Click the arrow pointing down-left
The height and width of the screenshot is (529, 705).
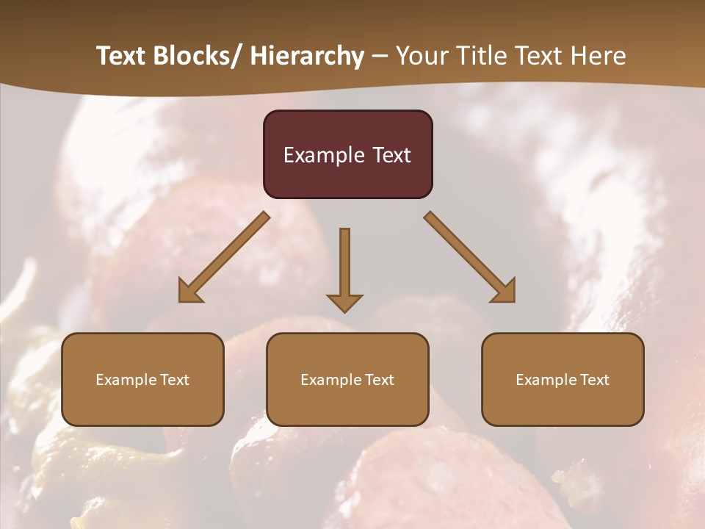pyautogui.click(x=224, y=257)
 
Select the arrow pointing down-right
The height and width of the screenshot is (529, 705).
pyautogui.click(x=470, y=257)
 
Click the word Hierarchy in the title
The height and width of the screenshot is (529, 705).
pyautogui.click(x=307, y=56)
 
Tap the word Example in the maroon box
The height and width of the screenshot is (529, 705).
pyautogui.click(x=324, y=155)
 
